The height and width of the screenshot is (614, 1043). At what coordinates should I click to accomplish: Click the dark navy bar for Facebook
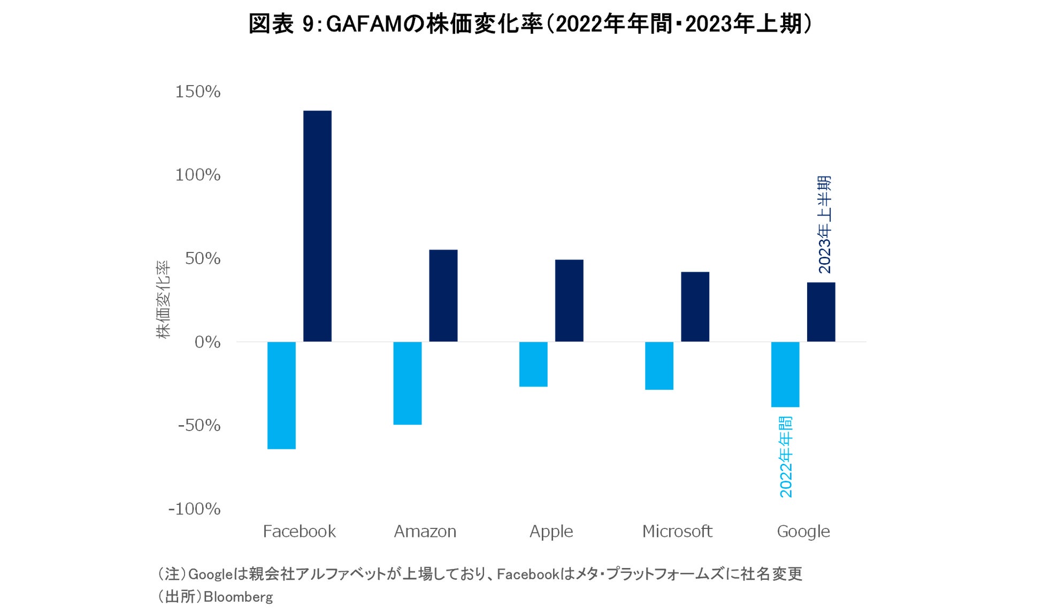click(x=317, y=226)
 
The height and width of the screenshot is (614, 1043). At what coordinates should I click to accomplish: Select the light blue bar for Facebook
click(x=281, y=395)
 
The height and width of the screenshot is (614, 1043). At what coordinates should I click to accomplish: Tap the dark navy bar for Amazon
click(x=443, y=295)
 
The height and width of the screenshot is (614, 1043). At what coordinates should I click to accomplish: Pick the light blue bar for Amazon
click(x=407, y=383)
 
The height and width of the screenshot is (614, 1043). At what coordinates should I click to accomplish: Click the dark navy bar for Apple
click(x=569, y=301)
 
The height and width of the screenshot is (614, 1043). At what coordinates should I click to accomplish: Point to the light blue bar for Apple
click(x=533, y=364)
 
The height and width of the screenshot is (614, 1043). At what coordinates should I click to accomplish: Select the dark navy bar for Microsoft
click(x=695, y=306)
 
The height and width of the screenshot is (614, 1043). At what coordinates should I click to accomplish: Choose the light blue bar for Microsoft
click(x=659, y=366)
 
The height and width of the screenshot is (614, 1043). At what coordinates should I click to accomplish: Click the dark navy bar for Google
click(x=820, y=312)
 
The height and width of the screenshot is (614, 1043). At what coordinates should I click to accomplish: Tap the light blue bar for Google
click(x=785, y=374)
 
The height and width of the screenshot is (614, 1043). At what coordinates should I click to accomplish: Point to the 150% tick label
click(x=198, y=92)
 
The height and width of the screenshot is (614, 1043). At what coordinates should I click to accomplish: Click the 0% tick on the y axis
click(x=208, y=342)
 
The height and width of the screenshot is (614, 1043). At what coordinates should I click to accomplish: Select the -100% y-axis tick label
click(x=194, y=509)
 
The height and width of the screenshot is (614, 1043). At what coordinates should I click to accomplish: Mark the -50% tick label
click(x=199, y=426)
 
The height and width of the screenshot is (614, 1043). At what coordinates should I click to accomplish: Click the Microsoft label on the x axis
click(x=677, y=532)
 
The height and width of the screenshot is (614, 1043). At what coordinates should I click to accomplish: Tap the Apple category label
click(x=551, y=532)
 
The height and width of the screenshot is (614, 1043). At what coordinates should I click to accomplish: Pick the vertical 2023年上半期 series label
click(x=824, y=225)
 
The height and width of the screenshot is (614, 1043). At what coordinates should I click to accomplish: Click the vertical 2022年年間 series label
click(x=785, y=457)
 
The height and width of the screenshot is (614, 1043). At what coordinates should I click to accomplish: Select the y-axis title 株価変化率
click(x=163, y=300)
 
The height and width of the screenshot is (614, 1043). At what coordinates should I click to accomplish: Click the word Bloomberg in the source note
click(x=238, y=597)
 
